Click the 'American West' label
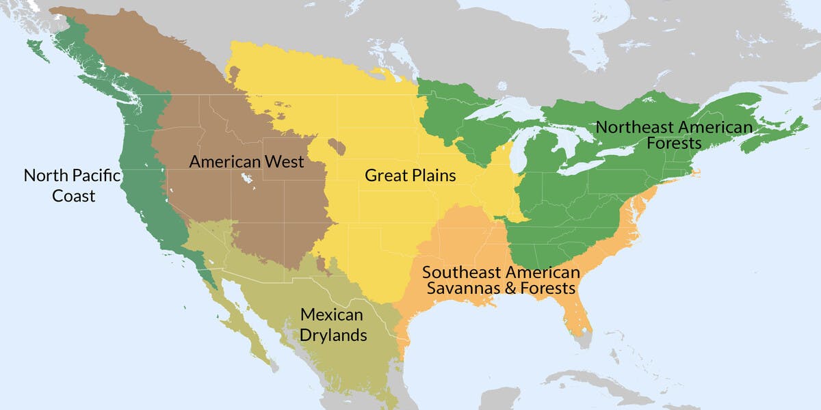pos(246,162)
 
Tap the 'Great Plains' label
pos(410,176)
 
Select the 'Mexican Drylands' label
pos(333,325)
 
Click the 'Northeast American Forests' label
pos(674,135)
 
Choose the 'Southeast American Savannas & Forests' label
pos(501,280)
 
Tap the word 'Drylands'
pos(333,336)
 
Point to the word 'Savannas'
pos(462,288)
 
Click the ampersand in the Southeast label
pos(510,288)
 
